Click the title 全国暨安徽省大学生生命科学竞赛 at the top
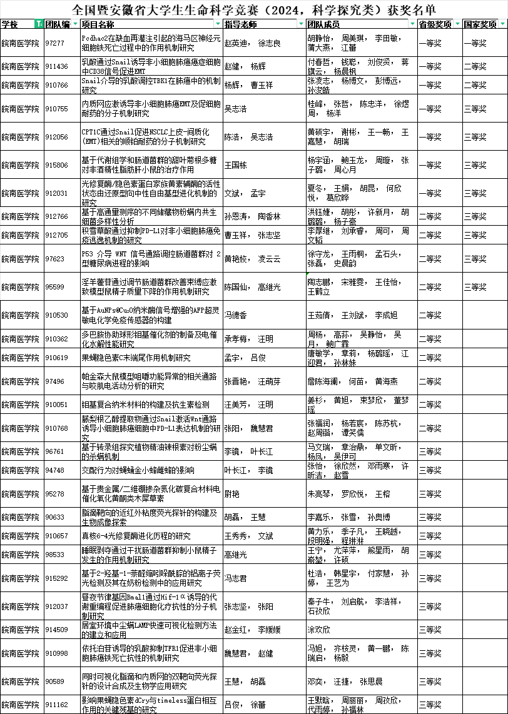point(253,9)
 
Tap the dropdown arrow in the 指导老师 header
point(299,24)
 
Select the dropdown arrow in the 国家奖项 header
point(502,24)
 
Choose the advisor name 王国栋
point(235,165)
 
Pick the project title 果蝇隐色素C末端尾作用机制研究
point(136,358)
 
